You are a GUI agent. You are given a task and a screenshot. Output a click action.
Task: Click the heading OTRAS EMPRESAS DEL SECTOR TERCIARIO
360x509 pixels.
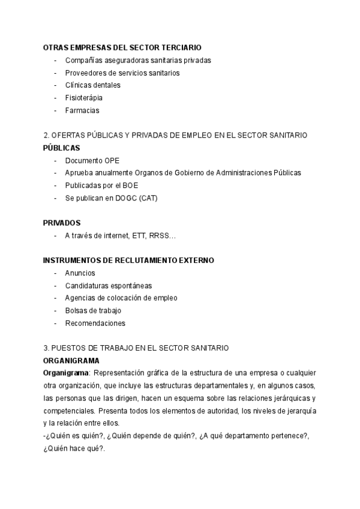(122, 47)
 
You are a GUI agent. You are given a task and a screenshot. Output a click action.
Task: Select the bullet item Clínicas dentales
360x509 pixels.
(92, 85)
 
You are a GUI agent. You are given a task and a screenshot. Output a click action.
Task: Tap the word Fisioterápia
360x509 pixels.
(83, 98)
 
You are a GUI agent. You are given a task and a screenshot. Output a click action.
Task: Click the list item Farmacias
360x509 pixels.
(82, 110)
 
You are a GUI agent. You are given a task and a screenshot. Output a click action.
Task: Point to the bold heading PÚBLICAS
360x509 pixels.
(61, 148)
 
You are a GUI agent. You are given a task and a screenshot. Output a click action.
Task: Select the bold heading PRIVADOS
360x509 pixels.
(62, 223)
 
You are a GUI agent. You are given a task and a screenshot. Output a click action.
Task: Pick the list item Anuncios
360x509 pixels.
(80, 273)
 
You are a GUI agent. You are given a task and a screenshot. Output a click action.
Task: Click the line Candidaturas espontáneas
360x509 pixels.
(108, 286)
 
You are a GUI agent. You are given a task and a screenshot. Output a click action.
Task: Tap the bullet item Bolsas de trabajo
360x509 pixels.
(93, 310)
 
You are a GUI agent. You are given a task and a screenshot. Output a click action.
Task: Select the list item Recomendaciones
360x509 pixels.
(95, 323)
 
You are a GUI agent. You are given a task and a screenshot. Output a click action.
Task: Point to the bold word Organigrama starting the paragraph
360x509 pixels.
(65, 373)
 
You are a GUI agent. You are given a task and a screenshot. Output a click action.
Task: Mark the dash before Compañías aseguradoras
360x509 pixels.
(56, 60)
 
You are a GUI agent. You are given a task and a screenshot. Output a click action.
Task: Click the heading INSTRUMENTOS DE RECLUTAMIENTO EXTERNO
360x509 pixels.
(128, 261)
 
